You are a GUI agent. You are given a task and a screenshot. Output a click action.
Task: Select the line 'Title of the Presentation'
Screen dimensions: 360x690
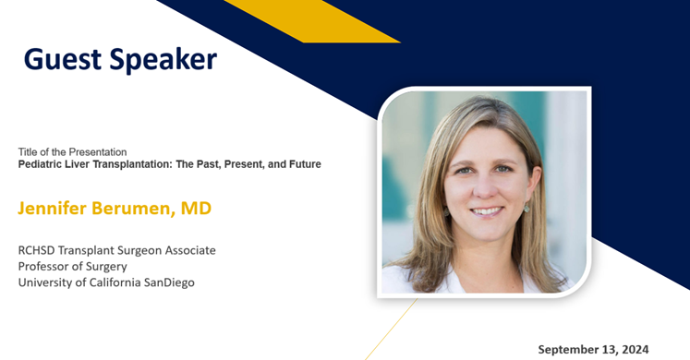pos(72,151)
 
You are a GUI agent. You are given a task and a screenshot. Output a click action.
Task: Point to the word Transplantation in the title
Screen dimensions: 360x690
pos(129,164)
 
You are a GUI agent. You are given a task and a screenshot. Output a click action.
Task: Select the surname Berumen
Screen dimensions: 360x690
pos(138,208)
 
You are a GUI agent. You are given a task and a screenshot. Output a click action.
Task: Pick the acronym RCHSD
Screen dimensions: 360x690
pos(39,250)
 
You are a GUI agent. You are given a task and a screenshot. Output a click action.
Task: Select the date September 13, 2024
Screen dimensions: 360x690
pos(594,349)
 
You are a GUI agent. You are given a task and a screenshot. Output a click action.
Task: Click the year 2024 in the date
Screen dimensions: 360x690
pos(635,349)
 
